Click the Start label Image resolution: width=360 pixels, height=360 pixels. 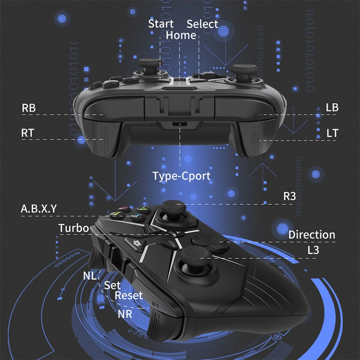click(161, 24)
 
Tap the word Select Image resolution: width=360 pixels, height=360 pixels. click(202, 24)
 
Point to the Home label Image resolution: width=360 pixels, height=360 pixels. click(181, 35)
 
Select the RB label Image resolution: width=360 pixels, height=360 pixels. click(28, 108)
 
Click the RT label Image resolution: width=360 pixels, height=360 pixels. click(28, 133)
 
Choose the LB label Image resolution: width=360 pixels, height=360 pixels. click(332, 108)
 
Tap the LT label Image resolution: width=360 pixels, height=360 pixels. click(332, 133)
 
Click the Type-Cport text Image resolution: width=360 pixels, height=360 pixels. click(181, 176)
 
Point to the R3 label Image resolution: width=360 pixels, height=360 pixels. click(289, 196)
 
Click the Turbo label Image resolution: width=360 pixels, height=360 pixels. click(74, 228)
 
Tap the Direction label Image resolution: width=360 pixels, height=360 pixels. click(311, 234)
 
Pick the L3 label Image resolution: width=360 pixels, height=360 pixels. click(313, 250)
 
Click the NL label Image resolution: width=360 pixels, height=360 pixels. click(90, 275)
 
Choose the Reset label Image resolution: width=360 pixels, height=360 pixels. click(129, 296)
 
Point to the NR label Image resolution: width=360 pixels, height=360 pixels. click(125, 314)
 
